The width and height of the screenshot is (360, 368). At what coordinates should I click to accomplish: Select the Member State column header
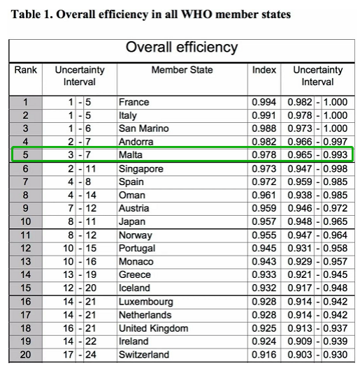[x=182, y=70]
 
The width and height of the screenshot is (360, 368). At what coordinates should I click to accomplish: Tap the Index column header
[x=264, y=70]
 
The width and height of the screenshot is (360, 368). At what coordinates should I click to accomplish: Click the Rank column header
[x=26, y=70]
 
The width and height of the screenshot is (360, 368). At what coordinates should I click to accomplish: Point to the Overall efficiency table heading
[x=182, y=47]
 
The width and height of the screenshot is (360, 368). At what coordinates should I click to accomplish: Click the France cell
[x=134, y=102]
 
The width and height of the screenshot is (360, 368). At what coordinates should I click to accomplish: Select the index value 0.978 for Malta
[x=264, y=155]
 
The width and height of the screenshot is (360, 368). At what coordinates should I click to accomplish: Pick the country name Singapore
[x=141, y=169]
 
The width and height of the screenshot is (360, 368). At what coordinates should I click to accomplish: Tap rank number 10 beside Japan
[x=26, y=221]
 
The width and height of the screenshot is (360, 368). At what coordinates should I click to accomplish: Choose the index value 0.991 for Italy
[x=264, y=115]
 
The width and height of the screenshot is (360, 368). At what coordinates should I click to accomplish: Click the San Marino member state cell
[x=143, y=128]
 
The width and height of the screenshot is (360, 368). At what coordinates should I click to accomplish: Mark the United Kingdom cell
[x=153, y=328]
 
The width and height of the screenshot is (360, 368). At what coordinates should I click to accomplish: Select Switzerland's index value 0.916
[x=264, y=355]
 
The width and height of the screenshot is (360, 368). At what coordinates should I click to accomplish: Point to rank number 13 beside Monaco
[x=26, y=261]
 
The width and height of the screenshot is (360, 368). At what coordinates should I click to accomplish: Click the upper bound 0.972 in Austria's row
[x=336, y=208]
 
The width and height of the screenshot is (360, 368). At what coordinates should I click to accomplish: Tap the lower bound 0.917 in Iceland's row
[x=300, y=288]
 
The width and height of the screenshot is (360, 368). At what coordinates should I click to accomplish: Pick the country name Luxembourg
[x=145, y=302]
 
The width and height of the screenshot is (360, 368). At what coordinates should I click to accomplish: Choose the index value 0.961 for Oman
[x=264, y=196]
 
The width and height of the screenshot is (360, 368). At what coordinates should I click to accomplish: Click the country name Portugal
[x=137, y=249]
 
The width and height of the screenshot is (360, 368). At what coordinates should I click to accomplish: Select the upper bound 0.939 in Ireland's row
[x=336, y=341]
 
